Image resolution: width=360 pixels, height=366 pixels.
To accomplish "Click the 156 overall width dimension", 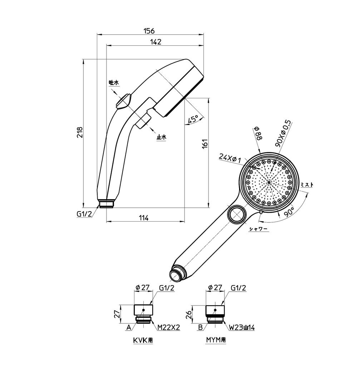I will point(150,31).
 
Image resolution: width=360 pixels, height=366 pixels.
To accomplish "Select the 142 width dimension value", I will point(156,42).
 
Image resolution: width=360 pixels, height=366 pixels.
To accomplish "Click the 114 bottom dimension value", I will point(143,218).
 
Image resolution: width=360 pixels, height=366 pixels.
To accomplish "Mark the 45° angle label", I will point(193,120).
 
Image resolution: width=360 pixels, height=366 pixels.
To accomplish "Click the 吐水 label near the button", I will point(114,83).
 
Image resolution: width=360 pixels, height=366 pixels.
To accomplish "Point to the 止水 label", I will point(162,137).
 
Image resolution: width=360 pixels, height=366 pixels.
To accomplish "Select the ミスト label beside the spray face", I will point(307,184).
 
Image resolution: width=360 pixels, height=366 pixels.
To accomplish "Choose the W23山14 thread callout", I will point(242,327).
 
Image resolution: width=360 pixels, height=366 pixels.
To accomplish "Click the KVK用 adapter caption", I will point(143,341).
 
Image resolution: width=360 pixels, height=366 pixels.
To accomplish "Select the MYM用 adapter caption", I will point(216,341).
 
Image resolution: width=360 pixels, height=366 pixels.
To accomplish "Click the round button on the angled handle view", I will point(236,215).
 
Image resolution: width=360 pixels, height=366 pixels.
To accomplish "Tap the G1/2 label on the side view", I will point(84,214).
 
